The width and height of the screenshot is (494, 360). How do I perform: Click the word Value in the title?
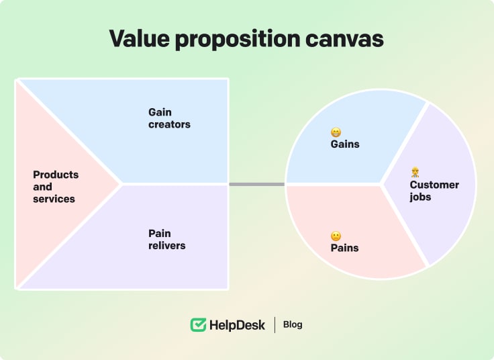click(139, 39)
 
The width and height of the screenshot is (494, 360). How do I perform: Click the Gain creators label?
click(169, 118)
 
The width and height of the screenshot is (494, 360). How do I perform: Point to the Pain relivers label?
click(166, 240)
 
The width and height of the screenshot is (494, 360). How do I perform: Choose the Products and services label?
click(56, 187)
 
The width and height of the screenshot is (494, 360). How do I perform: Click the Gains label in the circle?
click(345, 144)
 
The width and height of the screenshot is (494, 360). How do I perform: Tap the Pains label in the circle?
click(344, 248)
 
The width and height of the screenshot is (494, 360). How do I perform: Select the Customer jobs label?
click(434, 191)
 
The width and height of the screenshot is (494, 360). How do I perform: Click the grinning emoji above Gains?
click(336, 132)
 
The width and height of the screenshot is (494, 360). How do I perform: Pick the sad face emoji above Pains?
click(336, 236)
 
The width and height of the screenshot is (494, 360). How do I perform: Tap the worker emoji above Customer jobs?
click(415, 173)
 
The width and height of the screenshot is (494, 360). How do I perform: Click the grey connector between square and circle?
click(256, 184)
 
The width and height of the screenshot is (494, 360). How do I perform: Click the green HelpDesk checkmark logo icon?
click(198, 325)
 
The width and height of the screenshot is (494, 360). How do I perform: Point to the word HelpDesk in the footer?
click(237, 325)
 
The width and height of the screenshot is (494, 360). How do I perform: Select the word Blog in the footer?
click(293, 324)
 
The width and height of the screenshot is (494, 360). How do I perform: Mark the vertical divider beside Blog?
click(275, 325)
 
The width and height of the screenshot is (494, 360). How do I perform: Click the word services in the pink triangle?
click(54, 199)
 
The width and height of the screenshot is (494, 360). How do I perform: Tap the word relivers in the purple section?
click(166, 246)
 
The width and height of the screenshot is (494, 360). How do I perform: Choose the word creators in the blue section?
click(169, 124)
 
